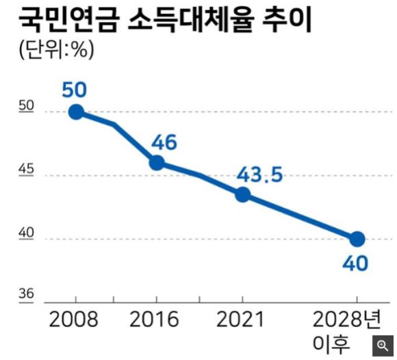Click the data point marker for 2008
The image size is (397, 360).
click(x=76, y=112)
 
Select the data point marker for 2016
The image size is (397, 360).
click(x=157, y=162)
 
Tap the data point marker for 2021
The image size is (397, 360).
click(x=242, y=194)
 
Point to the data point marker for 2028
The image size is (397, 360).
click(x=357, y=239)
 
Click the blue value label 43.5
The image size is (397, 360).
click(x=259, y=175)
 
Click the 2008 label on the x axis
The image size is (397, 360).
click(x=74, y=320)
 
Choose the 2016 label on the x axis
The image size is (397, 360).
click(x=155, y=320)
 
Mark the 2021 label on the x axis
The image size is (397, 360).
click(x=241, y=320)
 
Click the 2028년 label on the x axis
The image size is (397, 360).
click(x=349, y=320)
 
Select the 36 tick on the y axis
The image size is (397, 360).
click(x=27, y=294)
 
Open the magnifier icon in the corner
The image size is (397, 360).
click(x=383, y=345)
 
